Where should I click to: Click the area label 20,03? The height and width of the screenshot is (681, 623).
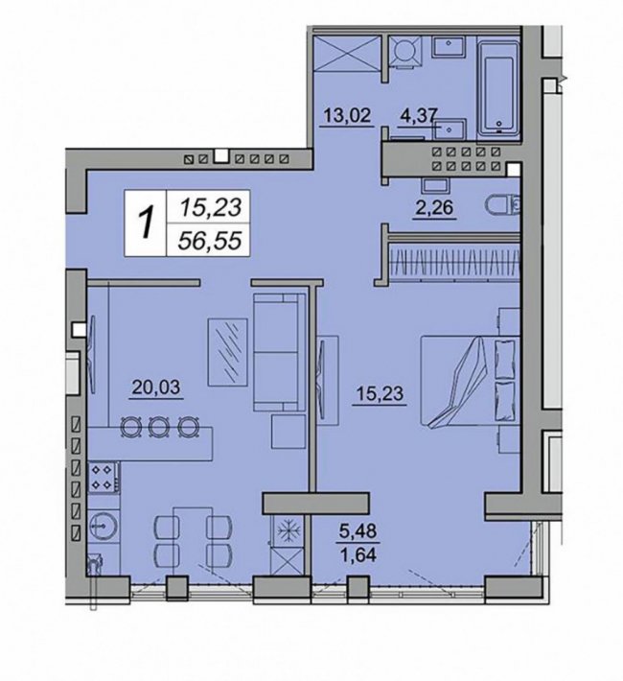click(x=156, y=387)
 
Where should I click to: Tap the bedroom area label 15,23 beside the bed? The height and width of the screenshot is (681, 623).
click(x=380, y=393)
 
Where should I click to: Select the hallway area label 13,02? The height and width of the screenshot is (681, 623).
click(x=347, y=115)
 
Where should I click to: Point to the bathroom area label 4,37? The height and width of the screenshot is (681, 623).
click(x=418, y=116)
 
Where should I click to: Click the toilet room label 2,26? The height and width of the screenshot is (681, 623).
click(x=434, y=207)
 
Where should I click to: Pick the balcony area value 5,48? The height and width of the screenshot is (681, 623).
click(x=358, y=530)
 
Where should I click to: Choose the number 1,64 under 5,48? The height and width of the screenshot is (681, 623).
click(x=358, y=554)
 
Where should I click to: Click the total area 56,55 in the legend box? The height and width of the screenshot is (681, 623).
click(x=209, y=240)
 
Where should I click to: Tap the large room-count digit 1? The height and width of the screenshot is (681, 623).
click(x=146, y=223)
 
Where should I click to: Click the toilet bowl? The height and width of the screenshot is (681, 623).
click(x=503, y=204)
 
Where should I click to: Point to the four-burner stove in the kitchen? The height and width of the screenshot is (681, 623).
click(x=104, y=478)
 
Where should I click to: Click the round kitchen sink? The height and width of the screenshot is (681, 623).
click(x=104, y=526)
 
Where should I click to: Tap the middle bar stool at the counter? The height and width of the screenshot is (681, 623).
click(x=158, y=428)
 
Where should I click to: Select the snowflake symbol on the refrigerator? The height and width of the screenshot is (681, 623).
click(x=287, y=530)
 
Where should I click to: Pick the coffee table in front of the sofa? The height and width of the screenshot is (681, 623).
click(x=227, y=352)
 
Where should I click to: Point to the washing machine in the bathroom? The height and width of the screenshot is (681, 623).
click(x=405, y=52)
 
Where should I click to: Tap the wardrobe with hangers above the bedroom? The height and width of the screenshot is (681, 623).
click(x=454, y=263)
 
